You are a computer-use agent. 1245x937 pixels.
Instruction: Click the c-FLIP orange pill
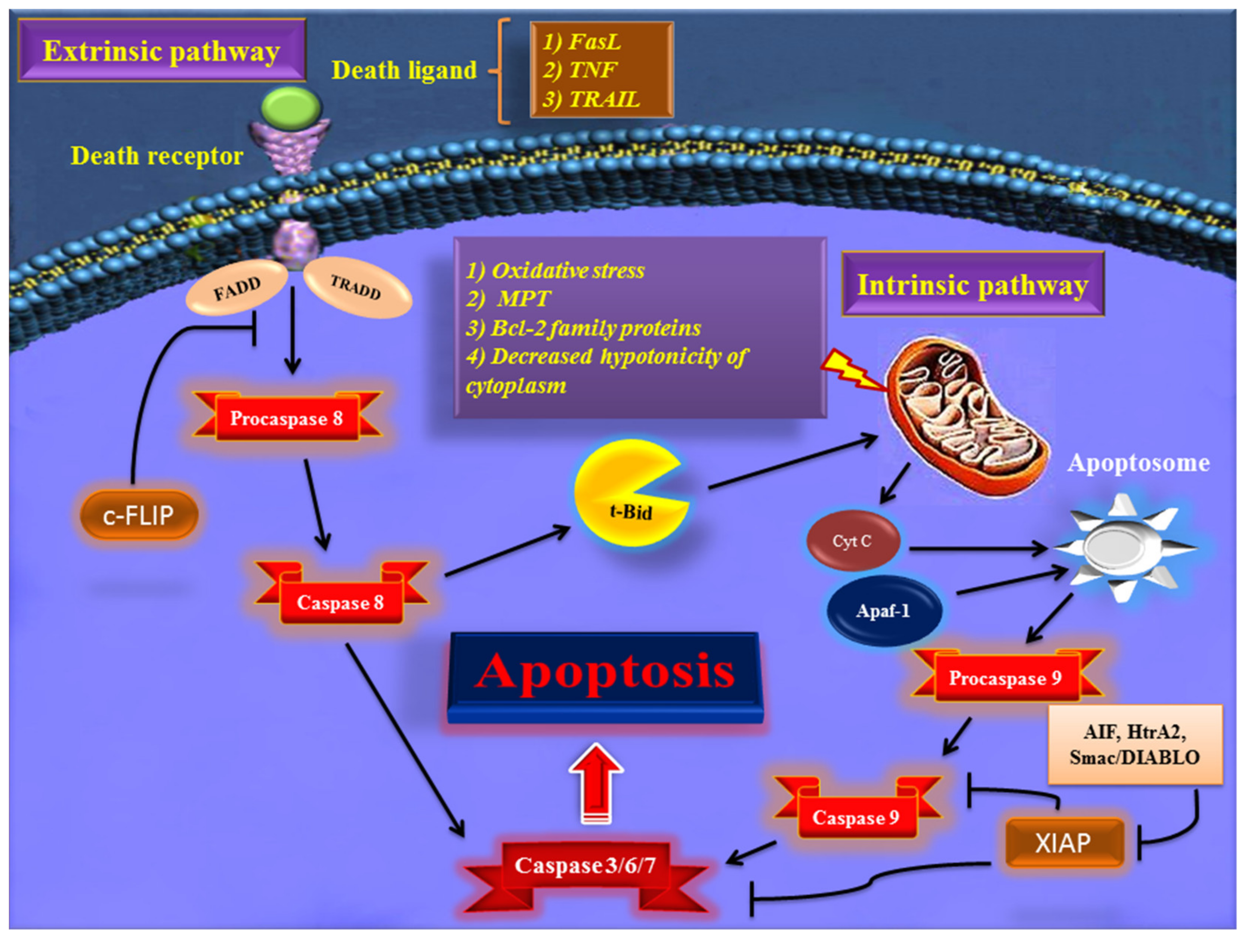pos(139,515)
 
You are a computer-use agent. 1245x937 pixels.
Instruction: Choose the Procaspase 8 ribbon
pos(287,418)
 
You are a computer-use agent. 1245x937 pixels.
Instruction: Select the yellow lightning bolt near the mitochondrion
pos(850,370)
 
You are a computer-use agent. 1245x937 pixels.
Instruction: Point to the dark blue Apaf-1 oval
pos(884,610)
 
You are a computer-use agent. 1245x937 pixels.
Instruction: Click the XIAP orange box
pos(1064,842)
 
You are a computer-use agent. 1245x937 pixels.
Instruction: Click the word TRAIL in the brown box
pos(604,100)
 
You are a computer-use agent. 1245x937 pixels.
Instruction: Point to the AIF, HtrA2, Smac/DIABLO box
pos(1134,744)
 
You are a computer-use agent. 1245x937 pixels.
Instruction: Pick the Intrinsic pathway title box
pos(973,284)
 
